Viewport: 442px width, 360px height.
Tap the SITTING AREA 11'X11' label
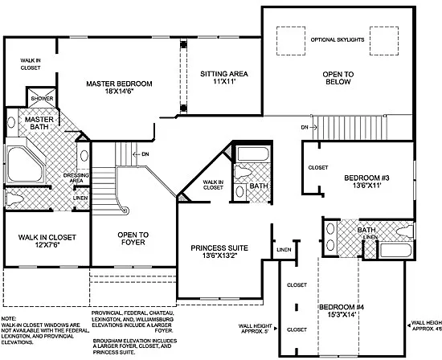223,78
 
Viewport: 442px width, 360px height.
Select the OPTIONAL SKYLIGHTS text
338,39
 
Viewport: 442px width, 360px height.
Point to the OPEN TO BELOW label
338,76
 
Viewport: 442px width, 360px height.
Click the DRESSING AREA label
77,178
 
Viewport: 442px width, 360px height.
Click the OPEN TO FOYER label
133,239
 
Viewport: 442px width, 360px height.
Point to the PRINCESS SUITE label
219,252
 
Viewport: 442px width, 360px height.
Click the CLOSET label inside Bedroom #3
317,168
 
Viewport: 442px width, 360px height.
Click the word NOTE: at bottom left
8,319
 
